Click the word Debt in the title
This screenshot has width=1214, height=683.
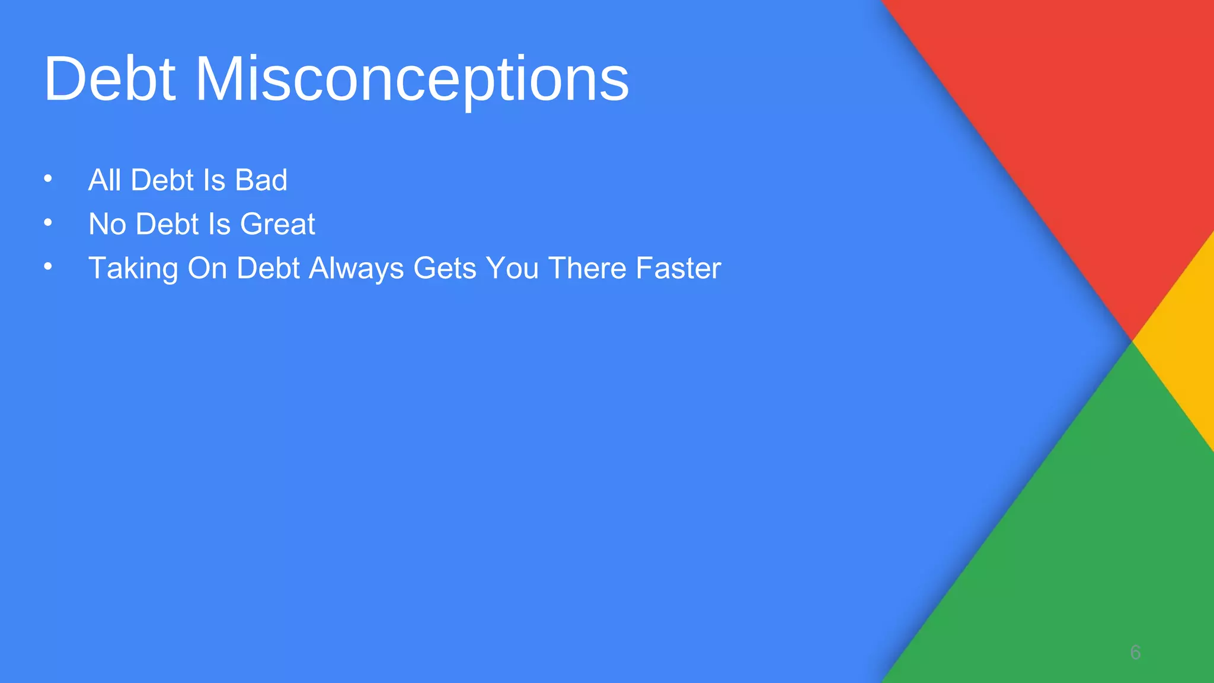point(110,79)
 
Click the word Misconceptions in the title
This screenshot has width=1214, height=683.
point(411,79)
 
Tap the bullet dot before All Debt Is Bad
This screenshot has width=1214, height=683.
point(48,178)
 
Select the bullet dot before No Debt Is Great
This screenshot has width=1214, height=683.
point(48,223)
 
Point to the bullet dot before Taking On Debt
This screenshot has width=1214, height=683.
point(48,267)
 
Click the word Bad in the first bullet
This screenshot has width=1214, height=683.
point(261,180)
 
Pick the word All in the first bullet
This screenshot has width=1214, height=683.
point(104,180)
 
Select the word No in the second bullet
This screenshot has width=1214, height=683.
point(107,224)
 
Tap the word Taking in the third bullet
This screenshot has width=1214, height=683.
point(133,268)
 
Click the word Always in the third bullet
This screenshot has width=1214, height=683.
point(356,268)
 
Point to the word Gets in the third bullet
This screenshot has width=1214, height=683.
point(445,268)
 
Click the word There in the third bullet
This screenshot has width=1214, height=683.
point(587,268)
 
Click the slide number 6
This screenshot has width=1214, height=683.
point(1135,652)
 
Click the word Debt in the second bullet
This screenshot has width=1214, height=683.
point(167,224)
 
